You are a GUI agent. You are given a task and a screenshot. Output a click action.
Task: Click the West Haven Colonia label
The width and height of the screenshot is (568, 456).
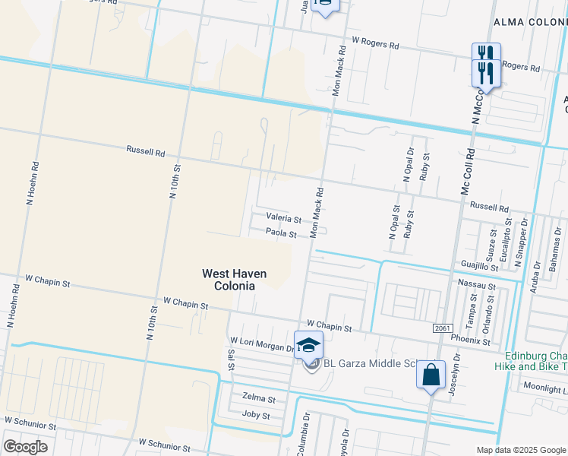[x=228, y=279]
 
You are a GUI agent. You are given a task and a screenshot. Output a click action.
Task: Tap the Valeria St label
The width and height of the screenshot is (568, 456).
[x=283, y=217]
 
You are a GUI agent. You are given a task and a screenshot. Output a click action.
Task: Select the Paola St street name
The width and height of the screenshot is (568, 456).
[x=280, y=234]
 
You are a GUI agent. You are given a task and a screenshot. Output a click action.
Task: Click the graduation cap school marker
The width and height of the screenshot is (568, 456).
[x=308, y=344]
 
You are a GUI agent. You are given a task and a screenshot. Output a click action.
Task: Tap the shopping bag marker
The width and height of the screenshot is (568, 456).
[x=431, y=375]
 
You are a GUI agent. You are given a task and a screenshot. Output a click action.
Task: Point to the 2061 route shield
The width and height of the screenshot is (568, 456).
[x=443, y=328]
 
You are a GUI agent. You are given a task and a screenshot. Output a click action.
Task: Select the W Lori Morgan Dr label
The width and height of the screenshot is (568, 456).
[x=262, y=344]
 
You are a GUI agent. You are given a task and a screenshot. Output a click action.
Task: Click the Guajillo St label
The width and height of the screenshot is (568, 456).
[x=479, y=267]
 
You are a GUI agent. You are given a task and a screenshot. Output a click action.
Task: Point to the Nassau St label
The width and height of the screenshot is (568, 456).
[x=477, y=285]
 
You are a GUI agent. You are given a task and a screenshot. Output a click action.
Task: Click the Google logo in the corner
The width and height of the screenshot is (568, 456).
[x=25, y=446]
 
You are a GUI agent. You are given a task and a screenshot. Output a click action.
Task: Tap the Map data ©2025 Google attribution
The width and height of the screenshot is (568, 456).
[x=521, y=450]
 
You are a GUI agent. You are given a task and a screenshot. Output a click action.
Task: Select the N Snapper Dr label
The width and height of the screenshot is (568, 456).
[x=520, y=242]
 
